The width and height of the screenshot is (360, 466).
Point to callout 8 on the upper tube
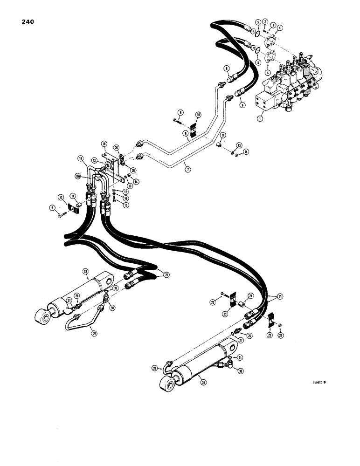point(185,132)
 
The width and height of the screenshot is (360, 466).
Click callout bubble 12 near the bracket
point(95,160)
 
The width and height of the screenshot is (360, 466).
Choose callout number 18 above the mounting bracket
point(104,144)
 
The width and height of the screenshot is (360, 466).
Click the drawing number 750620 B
point(318,383)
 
